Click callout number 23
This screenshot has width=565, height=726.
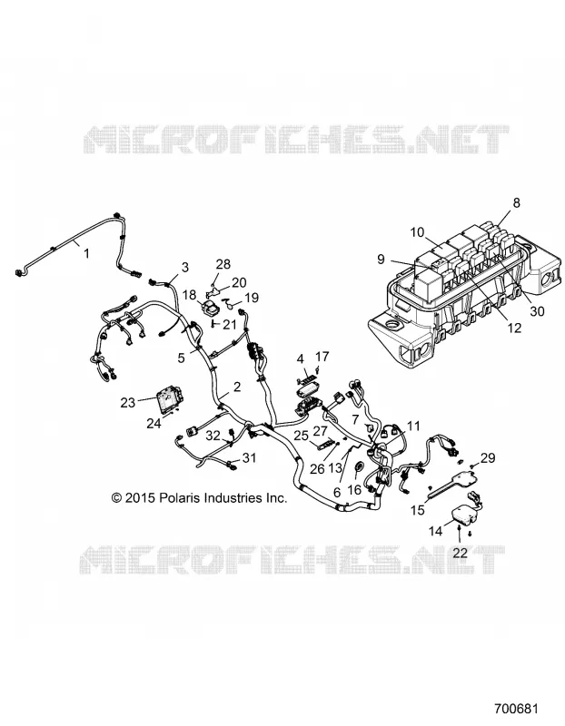[128, 402]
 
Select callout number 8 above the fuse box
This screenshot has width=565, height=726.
[516, 202]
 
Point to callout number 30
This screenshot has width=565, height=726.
[537, 311]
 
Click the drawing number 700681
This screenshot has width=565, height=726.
[515, 709]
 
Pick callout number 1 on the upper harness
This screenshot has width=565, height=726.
[86, 253]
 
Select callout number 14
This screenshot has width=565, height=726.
[436, 531]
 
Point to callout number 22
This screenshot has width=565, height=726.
[461, 553]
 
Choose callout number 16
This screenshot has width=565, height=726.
[354, 489]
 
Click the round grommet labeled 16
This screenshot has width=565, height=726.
[359, 467]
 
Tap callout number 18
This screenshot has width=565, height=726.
[189, 295]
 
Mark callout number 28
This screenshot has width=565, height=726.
[223, 264]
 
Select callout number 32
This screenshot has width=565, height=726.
[213, 436]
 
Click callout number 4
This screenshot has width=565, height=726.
[301, 358]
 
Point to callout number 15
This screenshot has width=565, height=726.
[418, 510]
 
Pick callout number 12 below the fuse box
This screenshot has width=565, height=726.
[514, 328]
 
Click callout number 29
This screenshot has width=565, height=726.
[488, 457]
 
